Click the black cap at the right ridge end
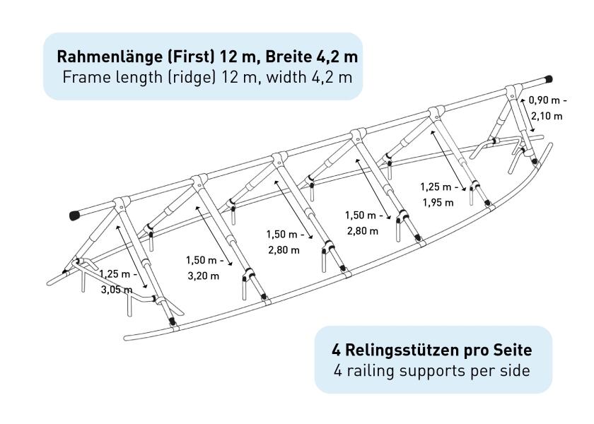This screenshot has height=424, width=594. [x=548, y=79]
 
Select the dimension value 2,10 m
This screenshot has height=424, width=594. [x=547, y=116]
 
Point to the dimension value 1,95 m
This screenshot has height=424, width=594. [x=438, y=203]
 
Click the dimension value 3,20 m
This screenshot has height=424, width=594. [x=203, y=276]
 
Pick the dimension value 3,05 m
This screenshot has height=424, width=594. [x=116, y=290]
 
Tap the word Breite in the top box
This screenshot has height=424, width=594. [x=288, y=57]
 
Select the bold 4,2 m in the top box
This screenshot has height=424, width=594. [x=337, y=57]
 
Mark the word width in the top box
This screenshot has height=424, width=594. [x=286, y=77]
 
